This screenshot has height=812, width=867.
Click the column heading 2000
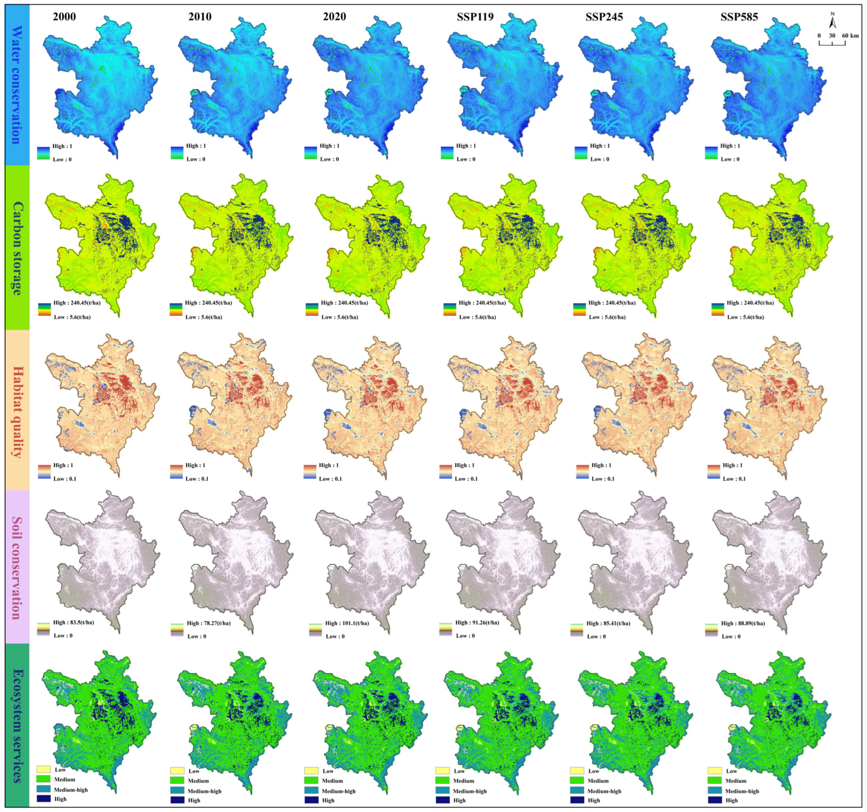pos(64,17)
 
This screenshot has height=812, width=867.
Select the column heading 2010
pos(200,17)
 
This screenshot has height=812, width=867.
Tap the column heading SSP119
pos(475,17)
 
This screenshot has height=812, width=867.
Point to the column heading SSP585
pos(739,17)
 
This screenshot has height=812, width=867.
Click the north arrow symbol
pos(832,21)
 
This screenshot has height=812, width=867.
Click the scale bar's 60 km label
pos(850,36)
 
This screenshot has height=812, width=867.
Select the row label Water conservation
pos(17,85)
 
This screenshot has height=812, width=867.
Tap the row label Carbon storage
pos(17,248)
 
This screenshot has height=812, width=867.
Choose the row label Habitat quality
pos(17,411)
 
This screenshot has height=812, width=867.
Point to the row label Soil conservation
pos(17,568)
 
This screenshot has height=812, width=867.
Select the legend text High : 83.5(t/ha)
pos(73,622)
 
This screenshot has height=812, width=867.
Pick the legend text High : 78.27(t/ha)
pos(208,623)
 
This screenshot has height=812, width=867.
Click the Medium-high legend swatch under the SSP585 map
pos(714,791)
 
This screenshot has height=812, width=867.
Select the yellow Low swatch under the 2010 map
pos(177,771)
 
